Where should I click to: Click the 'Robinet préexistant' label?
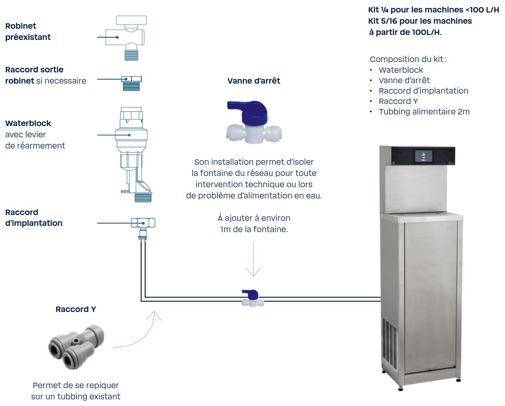click(x=28, y=32)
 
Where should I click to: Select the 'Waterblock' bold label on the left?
click(x=28, y=123)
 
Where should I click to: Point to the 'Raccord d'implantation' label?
click(x=34, y=218)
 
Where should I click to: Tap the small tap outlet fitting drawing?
click(x=132, y=82)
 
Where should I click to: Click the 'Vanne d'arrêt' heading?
click(x=254, y=81)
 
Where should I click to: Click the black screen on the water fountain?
click(x=423, y=156)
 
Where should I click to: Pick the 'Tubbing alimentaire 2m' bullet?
click(x=424, y=111)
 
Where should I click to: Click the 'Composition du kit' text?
click(x=408, y=59)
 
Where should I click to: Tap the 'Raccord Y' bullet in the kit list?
click(x=398, y=101)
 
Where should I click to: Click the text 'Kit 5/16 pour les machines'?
click(x=420, y=21)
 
